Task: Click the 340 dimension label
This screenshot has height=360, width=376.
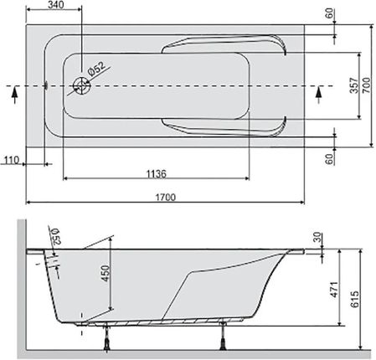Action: (55, 5)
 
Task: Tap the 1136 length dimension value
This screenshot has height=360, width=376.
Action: (157, 174)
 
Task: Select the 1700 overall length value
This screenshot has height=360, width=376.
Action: (166, 198)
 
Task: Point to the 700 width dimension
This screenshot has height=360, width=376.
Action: (367, 85)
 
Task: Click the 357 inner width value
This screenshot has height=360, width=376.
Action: (353, 85)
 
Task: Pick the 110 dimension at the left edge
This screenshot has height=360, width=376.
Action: (12, 160)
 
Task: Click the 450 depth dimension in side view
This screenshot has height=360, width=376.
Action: (106, 273)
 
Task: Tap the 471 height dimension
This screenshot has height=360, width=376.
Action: (334, 290)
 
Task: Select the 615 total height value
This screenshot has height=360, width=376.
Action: (354, 299)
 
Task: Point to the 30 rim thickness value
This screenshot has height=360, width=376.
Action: (317, 238)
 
